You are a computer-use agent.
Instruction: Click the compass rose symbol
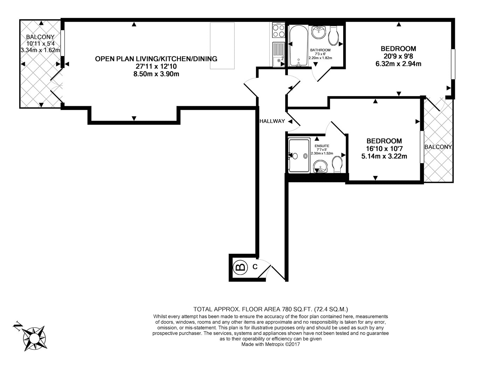pos(35,338)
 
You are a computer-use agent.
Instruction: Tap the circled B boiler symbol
pos(240,267)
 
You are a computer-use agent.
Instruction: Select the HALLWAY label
pos(272,121)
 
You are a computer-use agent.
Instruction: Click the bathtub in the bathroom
pos(298,46)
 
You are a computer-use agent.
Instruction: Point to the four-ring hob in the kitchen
pos(278,30)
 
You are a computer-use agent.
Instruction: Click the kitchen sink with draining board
pos(278,54)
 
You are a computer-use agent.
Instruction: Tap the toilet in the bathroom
pos(333,36)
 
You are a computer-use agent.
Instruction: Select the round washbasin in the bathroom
pos(318,33)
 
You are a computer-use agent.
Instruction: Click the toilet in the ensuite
pos(337,164)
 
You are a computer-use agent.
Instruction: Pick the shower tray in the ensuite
pos(299,155)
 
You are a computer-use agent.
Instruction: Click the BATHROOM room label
pos(320,50)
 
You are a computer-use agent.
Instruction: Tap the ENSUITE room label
pos(322,146)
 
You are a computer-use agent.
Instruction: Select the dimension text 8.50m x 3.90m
pos(156,74)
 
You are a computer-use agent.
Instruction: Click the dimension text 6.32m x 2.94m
pos(398,64)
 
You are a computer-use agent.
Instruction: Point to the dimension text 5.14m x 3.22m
pos(384,156)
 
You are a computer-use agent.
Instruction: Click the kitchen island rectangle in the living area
pos(222,46)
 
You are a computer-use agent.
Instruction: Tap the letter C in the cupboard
pos(255,267)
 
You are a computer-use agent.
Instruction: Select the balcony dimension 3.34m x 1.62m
pos(40,50)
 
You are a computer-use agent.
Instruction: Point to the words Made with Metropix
pos(263,345)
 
